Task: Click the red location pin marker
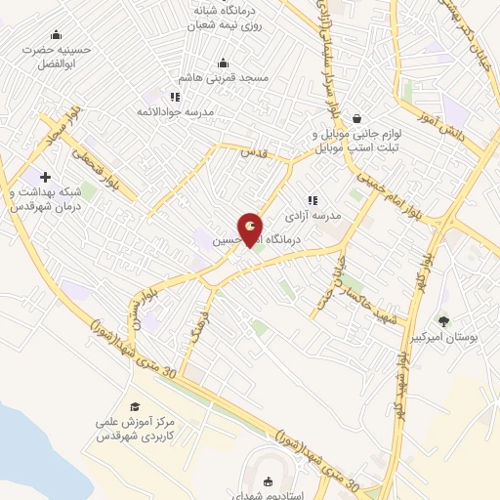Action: (x=251, y=229)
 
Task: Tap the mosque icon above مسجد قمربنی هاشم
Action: (x=224, y=62)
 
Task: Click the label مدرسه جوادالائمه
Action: (x=214, y=111)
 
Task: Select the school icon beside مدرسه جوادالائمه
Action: (x=175, y=97)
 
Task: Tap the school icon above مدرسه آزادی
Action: (x=312, y=200)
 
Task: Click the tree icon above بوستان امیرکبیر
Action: (x=444, y=320)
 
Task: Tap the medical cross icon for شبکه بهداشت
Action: (x=45, y=177)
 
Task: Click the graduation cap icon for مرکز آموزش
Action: (x=135, y=407)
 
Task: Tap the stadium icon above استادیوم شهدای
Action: (x=270, y=480)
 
